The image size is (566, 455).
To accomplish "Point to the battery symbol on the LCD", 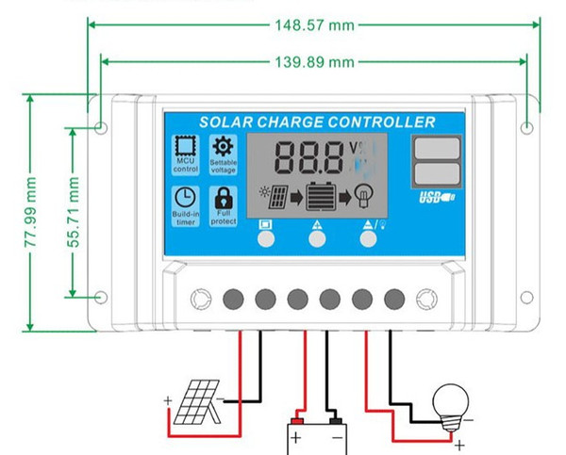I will click(x=319, y=198).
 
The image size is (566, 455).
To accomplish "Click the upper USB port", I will click(x=437, y=148).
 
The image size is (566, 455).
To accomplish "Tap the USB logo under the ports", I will click(x=437, y=197).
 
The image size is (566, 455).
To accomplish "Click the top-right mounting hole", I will click(x=527, y=127).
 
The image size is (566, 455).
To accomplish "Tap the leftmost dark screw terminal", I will click(x=233, y=300).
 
